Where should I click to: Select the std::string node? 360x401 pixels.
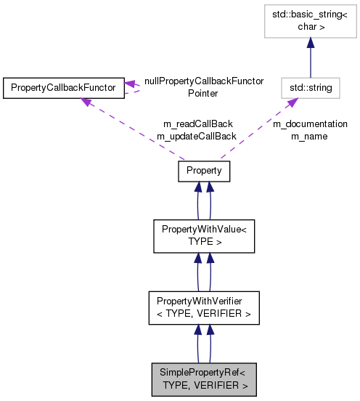point(311,88)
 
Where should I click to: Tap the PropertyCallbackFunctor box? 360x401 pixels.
point(63,88)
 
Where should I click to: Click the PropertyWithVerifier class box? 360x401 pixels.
point(204,308)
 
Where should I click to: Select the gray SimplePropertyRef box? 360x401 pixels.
point(204,378)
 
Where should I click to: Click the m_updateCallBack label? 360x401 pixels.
point(197,136)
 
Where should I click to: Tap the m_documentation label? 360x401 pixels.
point(310,124)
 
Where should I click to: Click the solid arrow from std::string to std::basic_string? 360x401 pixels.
point(311,58)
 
